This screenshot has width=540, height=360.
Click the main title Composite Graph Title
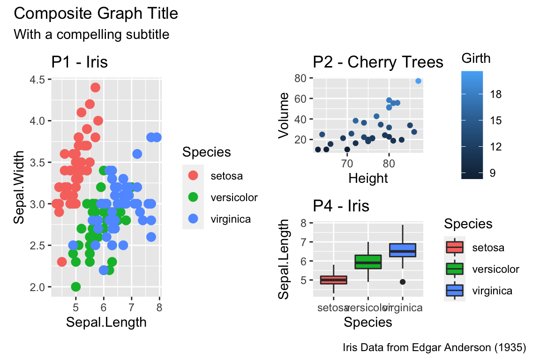coord(96,14)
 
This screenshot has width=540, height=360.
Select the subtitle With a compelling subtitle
coord(91,34)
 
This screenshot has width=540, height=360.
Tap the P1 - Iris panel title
coord(80,62)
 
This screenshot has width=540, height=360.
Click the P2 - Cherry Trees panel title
coord(378,62)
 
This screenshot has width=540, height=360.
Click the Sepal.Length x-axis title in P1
coord(106,322)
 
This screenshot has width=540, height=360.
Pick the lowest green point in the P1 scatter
coord(76,286)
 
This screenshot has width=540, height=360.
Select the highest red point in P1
coord(95,88)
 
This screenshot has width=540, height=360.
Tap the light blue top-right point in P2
coord(418,81)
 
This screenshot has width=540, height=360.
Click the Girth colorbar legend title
coord(476,59)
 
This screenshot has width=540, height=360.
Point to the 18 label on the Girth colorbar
coord(496,94)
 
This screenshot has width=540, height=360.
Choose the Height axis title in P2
coord(368,178)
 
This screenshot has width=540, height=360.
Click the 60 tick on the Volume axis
coord(300,98)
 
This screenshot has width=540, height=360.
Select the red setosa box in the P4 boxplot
coord(333,280)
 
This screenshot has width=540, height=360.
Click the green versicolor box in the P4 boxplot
coord(368,262)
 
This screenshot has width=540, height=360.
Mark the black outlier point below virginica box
coord(403,282)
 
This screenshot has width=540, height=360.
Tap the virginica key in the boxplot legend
coord(454,291)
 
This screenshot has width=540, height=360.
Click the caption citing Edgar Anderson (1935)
coord(435,348)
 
